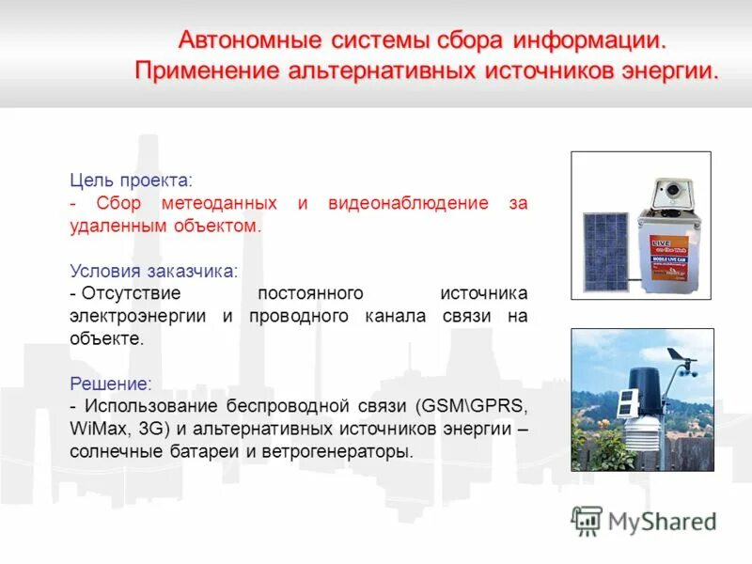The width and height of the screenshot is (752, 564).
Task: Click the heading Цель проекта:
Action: (131, 179)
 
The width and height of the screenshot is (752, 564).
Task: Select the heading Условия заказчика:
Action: (154, 271)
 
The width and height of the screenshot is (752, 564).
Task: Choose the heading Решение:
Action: (110, 384)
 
